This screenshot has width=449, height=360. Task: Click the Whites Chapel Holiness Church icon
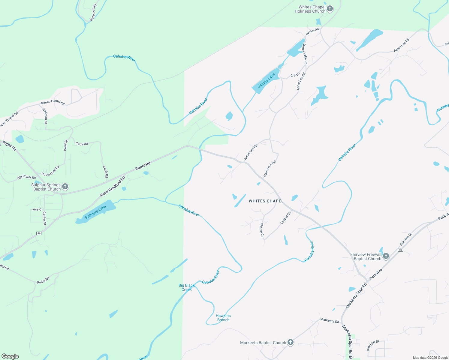[x=330, y=9]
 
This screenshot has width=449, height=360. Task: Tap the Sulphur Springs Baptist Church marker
[x=65, y=187]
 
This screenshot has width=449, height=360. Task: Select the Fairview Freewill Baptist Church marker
[x=386, y=256]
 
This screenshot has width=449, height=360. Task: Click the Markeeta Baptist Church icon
[x=290, y=342]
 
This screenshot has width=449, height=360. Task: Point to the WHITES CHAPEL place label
[x=266, y=201]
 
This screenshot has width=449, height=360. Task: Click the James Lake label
[x=266, y=81]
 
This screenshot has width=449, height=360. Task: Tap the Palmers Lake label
[x=95, y=212]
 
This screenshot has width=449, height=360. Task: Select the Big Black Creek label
[x=186, y=287]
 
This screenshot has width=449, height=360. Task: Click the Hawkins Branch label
[x=223, y=318]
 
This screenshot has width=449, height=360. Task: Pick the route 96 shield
[x=39, y=233]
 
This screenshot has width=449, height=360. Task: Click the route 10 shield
[x=400, y=250]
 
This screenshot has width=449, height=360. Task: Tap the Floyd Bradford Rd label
[x=112, y=187]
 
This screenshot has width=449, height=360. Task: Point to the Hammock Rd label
[x=270, y=169]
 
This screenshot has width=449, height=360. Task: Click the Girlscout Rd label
[x=93, y=13]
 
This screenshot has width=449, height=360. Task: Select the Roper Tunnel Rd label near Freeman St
[x=53, y=102]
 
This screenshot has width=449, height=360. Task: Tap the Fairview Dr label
[x=406, y=239]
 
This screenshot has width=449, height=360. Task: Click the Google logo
[x=10, y=356]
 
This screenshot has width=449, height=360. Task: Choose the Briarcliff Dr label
[x=373, y=345]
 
